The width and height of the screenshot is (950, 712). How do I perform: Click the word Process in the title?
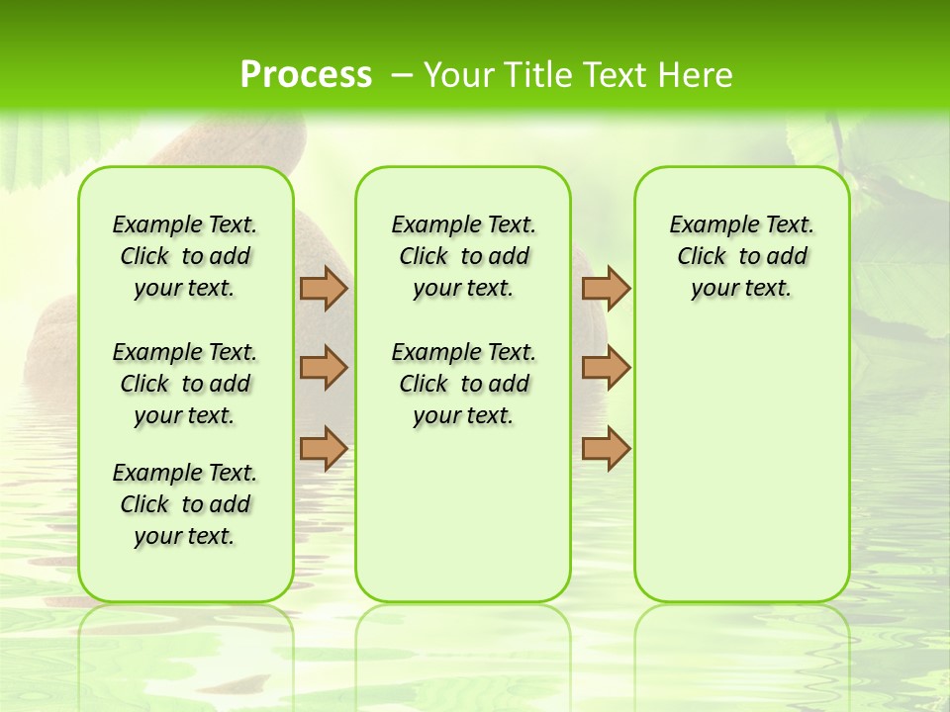coord(306,74)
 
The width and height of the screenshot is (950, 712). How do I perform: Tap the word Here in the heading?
coord(695,75)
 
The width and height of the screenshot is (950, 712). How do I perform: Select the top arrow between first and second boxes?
coord(324,288)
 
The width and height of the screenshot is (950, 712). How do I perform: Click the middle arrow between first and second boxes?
coord(324,368)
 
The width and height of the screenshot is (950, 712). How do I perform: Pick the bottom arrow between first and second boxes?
coord(324,448)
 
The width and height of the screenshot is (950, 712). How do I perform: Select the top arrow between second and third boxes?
coord(606,288)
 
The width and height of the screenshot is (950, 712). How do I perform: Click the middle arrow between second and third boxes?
coord(606,368)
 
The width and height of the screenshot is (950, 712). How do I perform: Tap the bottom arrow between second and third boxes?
coord(606,448)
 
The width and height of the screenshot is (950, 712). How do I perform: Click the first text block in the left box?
coord(185,256)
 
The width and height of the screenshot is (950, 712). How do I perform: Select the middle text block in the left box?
coord(185,384)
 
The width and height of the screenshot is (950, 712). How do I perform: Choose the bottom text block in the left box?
coord(185,504)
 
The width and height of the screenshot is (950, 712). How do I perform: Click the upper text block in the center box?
coord(463,256)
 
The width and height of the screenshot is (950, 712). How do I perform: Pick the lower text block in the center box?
coord(463,384)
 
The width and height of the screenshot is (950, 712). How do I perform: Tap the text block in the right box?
coord(742,256)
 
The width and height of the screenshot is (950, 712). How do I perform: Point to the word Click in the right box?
coord(702,257)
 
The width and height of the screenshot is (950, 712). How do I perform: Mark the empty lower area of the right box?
coord(742,465)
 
